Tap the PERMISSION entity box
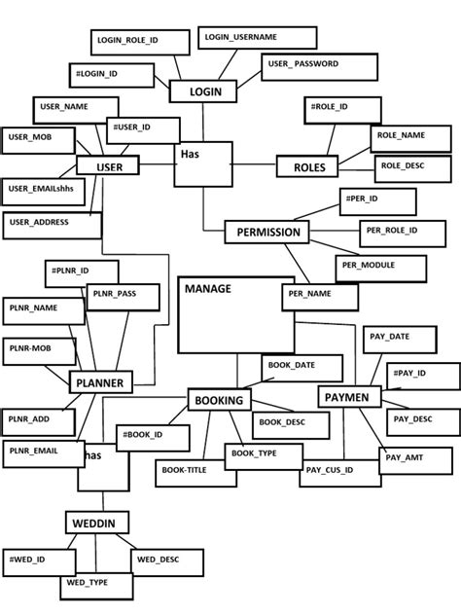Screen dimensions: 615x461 [266, 233]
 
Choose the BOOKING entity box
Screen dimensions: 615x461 [218, 400]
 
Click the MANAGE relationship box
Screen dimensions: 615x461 [235, 314]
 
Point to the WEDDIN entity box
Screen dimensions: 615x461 [94, 524]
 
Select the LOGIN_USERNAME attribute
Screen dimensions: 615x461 [258, 37]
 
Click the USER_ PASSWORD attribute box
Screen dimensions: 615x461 [319, 65]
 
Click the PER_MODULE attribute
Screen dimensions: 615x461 [380, 265]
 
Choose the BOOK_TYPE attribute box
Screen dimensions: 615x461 [255, 454]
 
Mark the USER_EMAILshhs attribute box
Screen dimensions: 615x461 [41, 188]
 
